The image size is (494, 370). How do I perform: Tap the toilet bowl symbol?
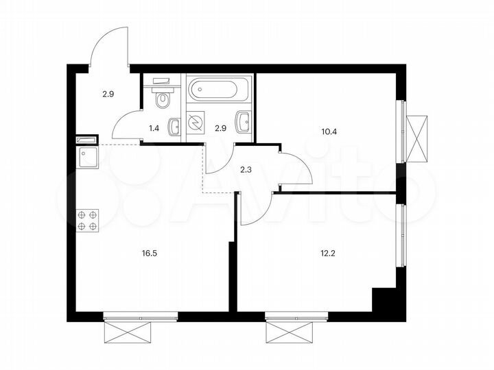click(x=163, y=99)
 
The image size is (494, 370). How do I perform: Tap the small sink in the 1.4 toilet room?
click(x=175, y=125)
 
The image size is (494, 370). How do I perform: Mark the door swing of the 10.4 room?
click(x=296, y=168)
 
